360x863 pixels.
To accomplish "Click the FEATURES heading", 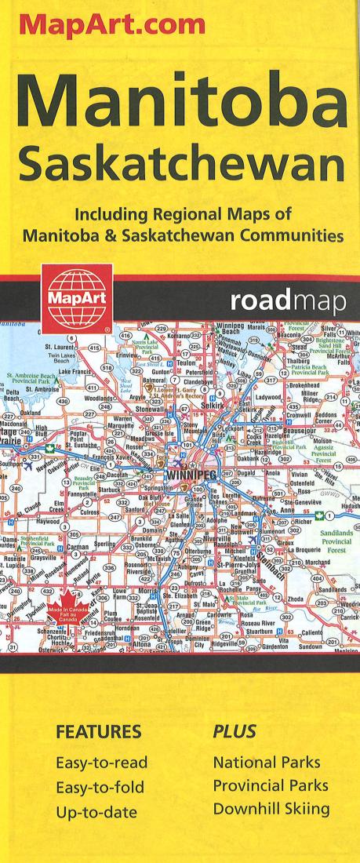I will click(98, 732).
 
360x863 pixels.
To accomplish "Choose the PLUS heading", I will click(231, 732).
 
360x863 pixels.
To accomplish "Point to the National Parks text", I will click(267, 762).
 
